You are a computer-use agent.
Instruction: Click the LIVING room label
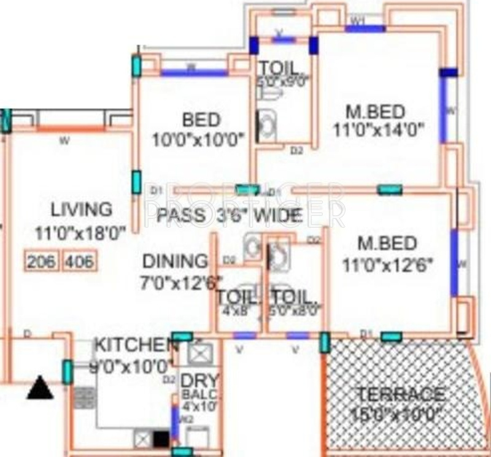pyautogui.click(x=82, y=209)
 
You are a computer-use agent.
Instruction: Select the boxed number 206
pyautogui.click(x=41, y=262)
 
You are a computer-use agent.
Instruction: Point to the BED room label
pyautogui.click(x=201, y=119)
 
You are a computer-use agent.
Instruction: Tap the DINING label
pyautogui.click(x=175, y=261)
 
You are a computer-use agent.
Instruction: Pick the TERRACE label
pyautogui.click(x=400, y=394)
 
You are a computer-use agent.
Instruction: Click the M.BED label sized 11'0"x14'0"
pyautogui.click(x=375, y=112)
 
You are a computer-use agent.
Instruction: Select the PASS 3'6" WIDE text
pyautogui.click(x=229, y=215)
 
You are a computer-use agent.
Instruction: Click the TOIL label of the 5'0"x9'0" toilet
pyautogui.click(x=279, y=67)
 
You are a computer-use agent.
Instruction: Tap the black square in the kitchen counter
pyautogui.click(x=161, y=439)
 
